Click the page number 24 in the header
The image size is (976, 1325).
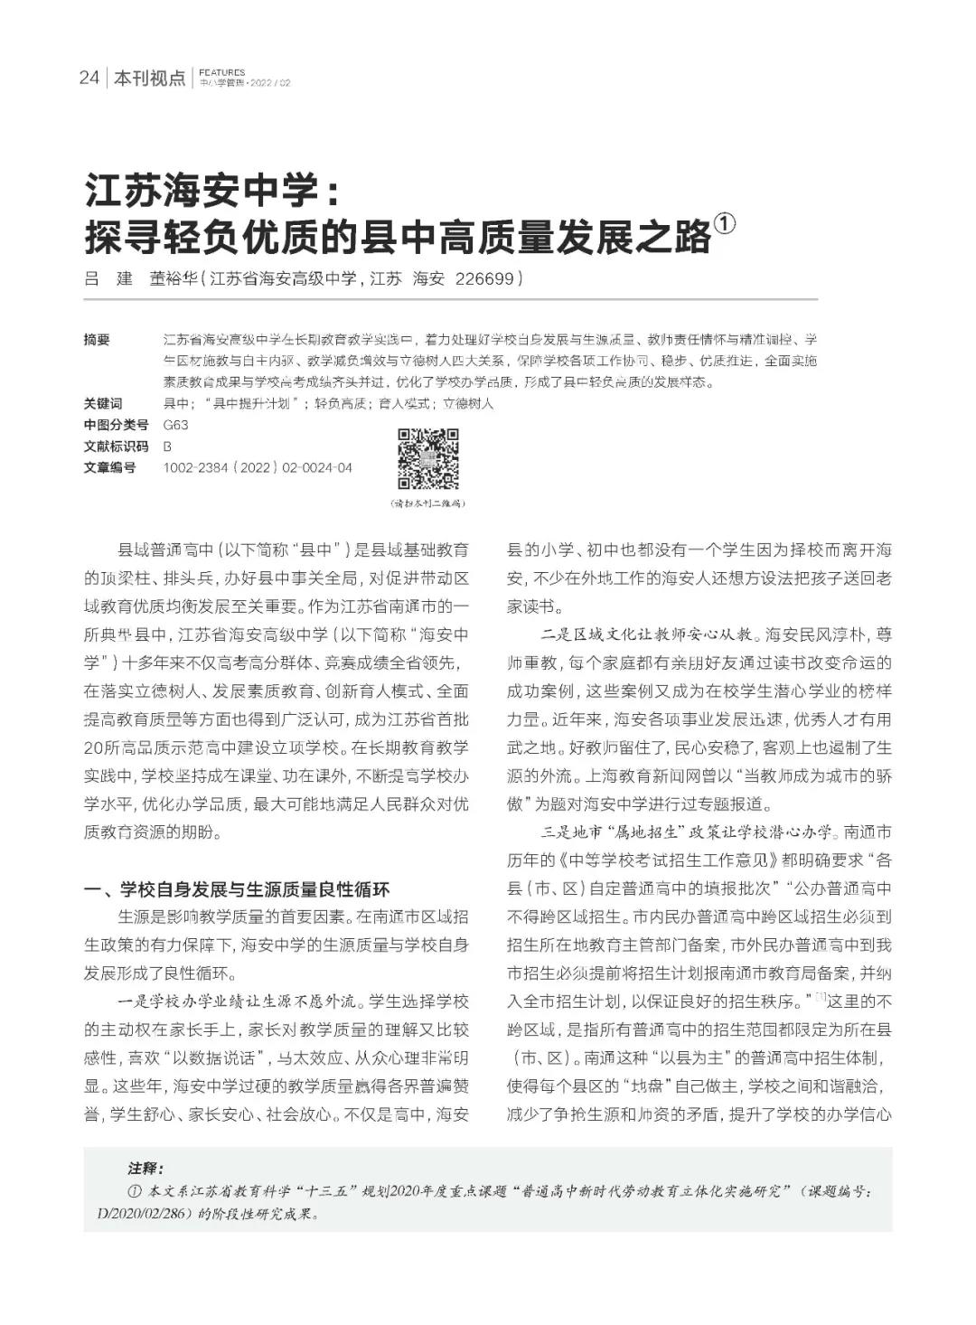[88, 78]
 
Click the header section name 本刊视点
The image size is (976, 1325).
[149, 79]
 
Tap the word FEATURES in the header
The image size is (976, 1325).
[221, 72]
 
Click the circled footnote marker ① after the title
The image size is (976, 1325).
[725, 225]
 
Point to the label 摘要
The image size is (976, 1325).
[97, 340]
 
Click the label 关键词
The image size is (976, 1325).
[102, 403]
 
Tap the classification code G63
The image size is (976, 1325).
[175, 425]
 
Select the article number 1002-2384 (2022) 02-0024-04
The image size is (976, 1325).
[258, 468]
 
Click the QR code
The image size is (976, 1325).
[428, 457]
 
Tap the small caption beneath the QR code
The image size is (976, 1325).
[428, 503]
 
